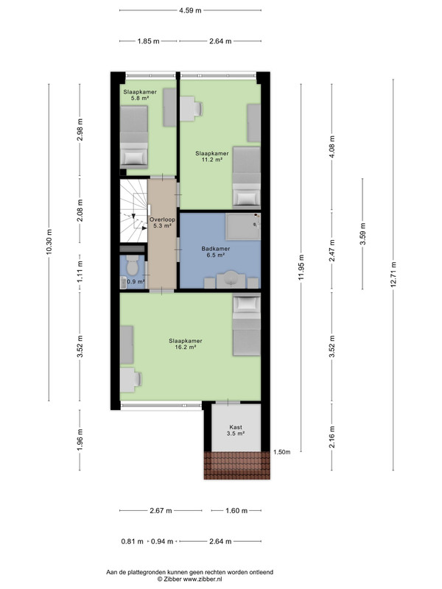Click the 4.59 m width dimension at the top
click(x=190, y=10)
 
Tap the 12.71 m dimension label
click(x=393, y=275)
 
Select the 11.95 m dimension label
click(x=301, y=267)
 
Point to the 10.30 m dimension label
click(x=49, y=242)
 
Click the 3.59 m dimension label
click(x=362, y=233)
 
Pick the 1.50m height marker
click(x=282, y=452)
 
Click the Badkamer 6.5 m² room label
click(x=215, y=252)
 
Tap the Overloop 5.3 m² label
click(x=162, y=223)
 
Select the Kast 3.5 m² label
click(x=236, y=430)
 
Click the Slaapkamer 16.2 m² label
click(x=186, y=344)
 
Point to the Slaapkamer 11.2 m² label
click(x=212, y=156)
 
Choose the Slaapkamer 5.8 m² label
click(x=140, y=95)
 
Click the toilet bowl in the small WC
click(x=132, y=266)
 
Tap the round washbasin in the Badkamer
click(x=231, y=278)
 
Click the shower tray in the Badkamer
click(x=243, y=227)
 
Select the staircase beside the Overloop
click(x=133, y=211)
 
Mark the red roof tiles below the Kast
click(x=236, y=465)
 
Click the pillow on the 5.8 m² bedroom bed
click(x=133, y=157)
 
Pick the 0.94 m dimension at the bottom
click(x=162, y=542)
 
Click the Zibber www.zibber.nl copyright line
click(x=189, y=579)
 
